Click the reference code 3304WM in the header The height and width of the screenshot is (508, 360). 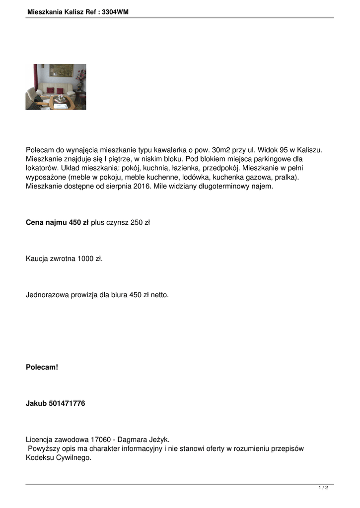coord(115,11)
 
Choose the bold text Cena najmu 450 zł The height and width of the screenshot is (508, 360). coord(57,223)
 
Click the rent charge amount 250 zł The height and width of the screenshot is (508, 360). coord(140,223)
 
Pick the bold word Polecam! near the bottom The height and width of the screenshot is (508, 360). coord(42,368)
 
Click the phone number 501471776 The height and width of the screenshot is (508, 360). coord(67,403)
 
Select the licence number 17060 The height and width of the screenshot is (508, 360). coord(102,440)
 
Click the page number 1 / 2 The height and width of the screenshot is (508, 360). coord(323,488)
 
